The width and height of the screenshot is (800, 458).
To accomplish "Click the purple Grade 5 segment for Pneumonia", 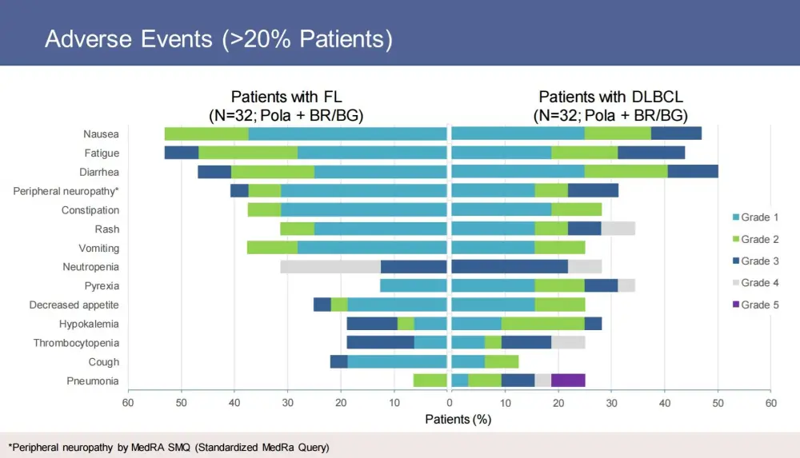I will pyautogui.click(x=568, y=380).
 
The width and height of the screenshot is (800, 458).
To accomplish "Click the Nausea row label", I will pyautogui.click(x=101, y=133).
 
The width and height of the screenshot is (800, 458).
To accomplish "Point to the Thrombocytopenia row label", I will pyautogui.click(x=76, y=343).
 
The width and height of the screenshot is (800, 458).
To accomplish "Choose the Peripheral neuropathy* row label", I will pyautogui.click(x=66, y=191).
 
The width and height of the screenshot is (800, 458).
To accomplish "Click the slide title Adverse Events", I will pyautogui.click(x=218, y=39).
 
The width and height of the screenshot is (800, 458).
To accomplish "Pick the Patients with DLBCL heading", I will pyautogui.click(x=610, y=106).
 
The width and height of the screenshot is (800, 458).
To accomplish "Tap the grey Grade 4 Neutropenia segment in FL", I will pyautogui.click(x=330, y=267).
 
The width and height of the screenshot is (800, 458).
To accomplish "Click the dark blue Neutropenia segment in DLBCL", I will pyautogui.click(x=510, y=267).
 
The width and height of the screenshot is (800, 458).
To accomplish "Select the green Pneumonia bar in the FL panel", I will pyautogui.click(x=430, y=380).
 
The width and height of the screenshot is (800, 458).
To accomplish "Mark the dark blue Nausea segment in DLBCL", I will pyautogui.click(x=676, y=133).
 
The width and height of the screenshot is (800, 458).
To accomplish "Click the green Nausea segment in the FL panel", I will pyautogui.click(x=206, y=133).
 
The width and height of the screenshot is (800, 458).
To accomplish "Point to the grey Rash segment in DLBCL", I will pyautogui.click(x=618, y=229).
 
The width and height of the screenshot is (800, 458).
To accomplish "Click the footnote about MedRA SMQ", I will pyautogui.click(x=169, y=447).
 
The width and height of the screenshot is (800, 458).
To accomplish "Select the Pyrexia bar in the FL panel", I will pyautogui.click(x=413, y=285).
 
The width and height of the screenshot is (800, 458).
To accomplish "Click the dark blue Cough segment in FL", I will pyautogui.click(x=338, y=361).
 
